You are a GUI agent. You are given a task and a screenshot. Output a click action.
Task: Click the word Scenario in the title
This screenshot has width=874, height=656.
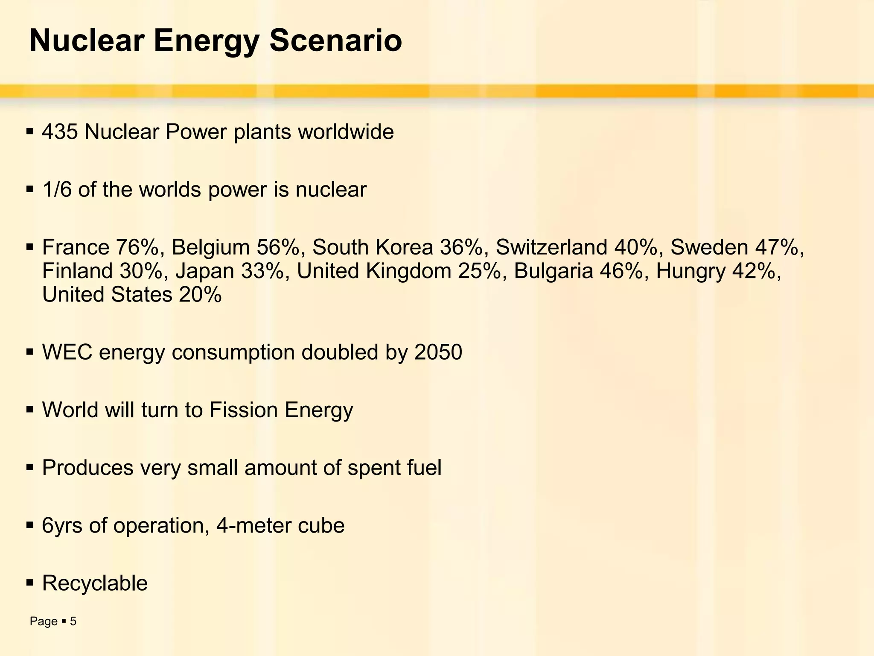[335, 41]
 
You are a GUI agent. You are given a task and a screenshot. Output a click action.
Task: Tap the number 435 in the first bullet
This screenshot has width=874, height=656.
[60, 132]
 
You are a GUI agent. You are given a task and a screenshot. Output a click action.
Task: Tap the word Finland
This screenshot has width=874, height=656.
[77, 271]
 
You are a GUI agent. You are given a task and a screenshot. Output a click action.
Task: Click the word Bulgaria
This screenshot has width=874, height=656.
[553, 271]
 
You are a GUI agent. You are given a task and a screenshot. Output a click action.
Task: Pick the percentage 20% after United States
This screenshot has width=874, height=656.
[200, 295]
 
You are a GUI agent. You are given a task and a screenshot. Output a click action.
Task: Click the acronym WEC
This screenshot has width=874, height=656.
[67, 353]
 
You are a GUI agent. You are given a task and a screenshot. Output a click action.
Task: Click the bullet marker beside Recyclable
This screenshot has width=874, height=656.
[29, 583]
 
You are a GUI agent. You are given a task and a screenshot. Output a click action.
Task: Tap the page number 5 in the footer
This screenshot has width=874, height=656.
[73, 621]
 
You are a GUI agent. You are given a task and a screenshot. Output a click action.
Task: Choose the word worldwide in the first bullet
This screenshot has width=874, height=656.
[346, 132]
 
